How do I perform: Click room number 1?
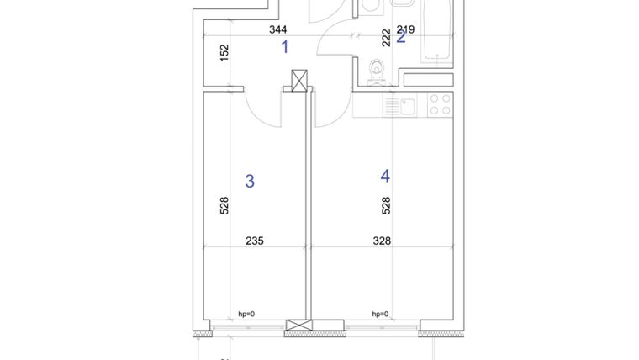(x=284, y=46)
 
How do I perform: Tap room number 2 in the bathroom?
(x=401, y=36)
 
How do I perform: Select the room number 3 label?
(x=250, y=181)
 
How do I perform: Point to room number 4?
(x=385, y=176)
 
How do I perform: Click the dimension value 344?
(x=277, y=29)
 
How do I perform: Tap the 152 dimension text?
(x=224, y=52)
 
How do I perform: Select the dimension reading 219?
(x=405, y=29)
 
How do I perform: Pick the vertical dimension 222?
(x=387, y=37)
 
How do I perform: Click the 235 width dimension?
(x=254, y=241)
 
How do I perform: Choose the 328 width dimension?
(x=382, y=241)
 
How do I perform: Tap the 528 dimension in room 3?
(x=224, y=205)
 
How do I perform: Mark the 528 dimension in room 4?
(x=387, y=205)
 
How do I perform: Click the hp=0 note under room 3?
(x=246, y=314)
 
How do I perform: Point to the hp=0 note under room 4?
(x=380, y=314)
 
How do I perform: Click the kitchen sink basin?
(x=406, y=105)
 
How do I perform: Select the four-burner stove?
(x=440, y=104)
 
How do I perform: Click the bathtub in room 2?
(x=438, y=31)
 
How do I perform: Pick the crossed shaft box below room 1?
(x=299, y=81)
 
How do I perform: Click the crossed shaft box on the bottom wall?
(x=298, y=326)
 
